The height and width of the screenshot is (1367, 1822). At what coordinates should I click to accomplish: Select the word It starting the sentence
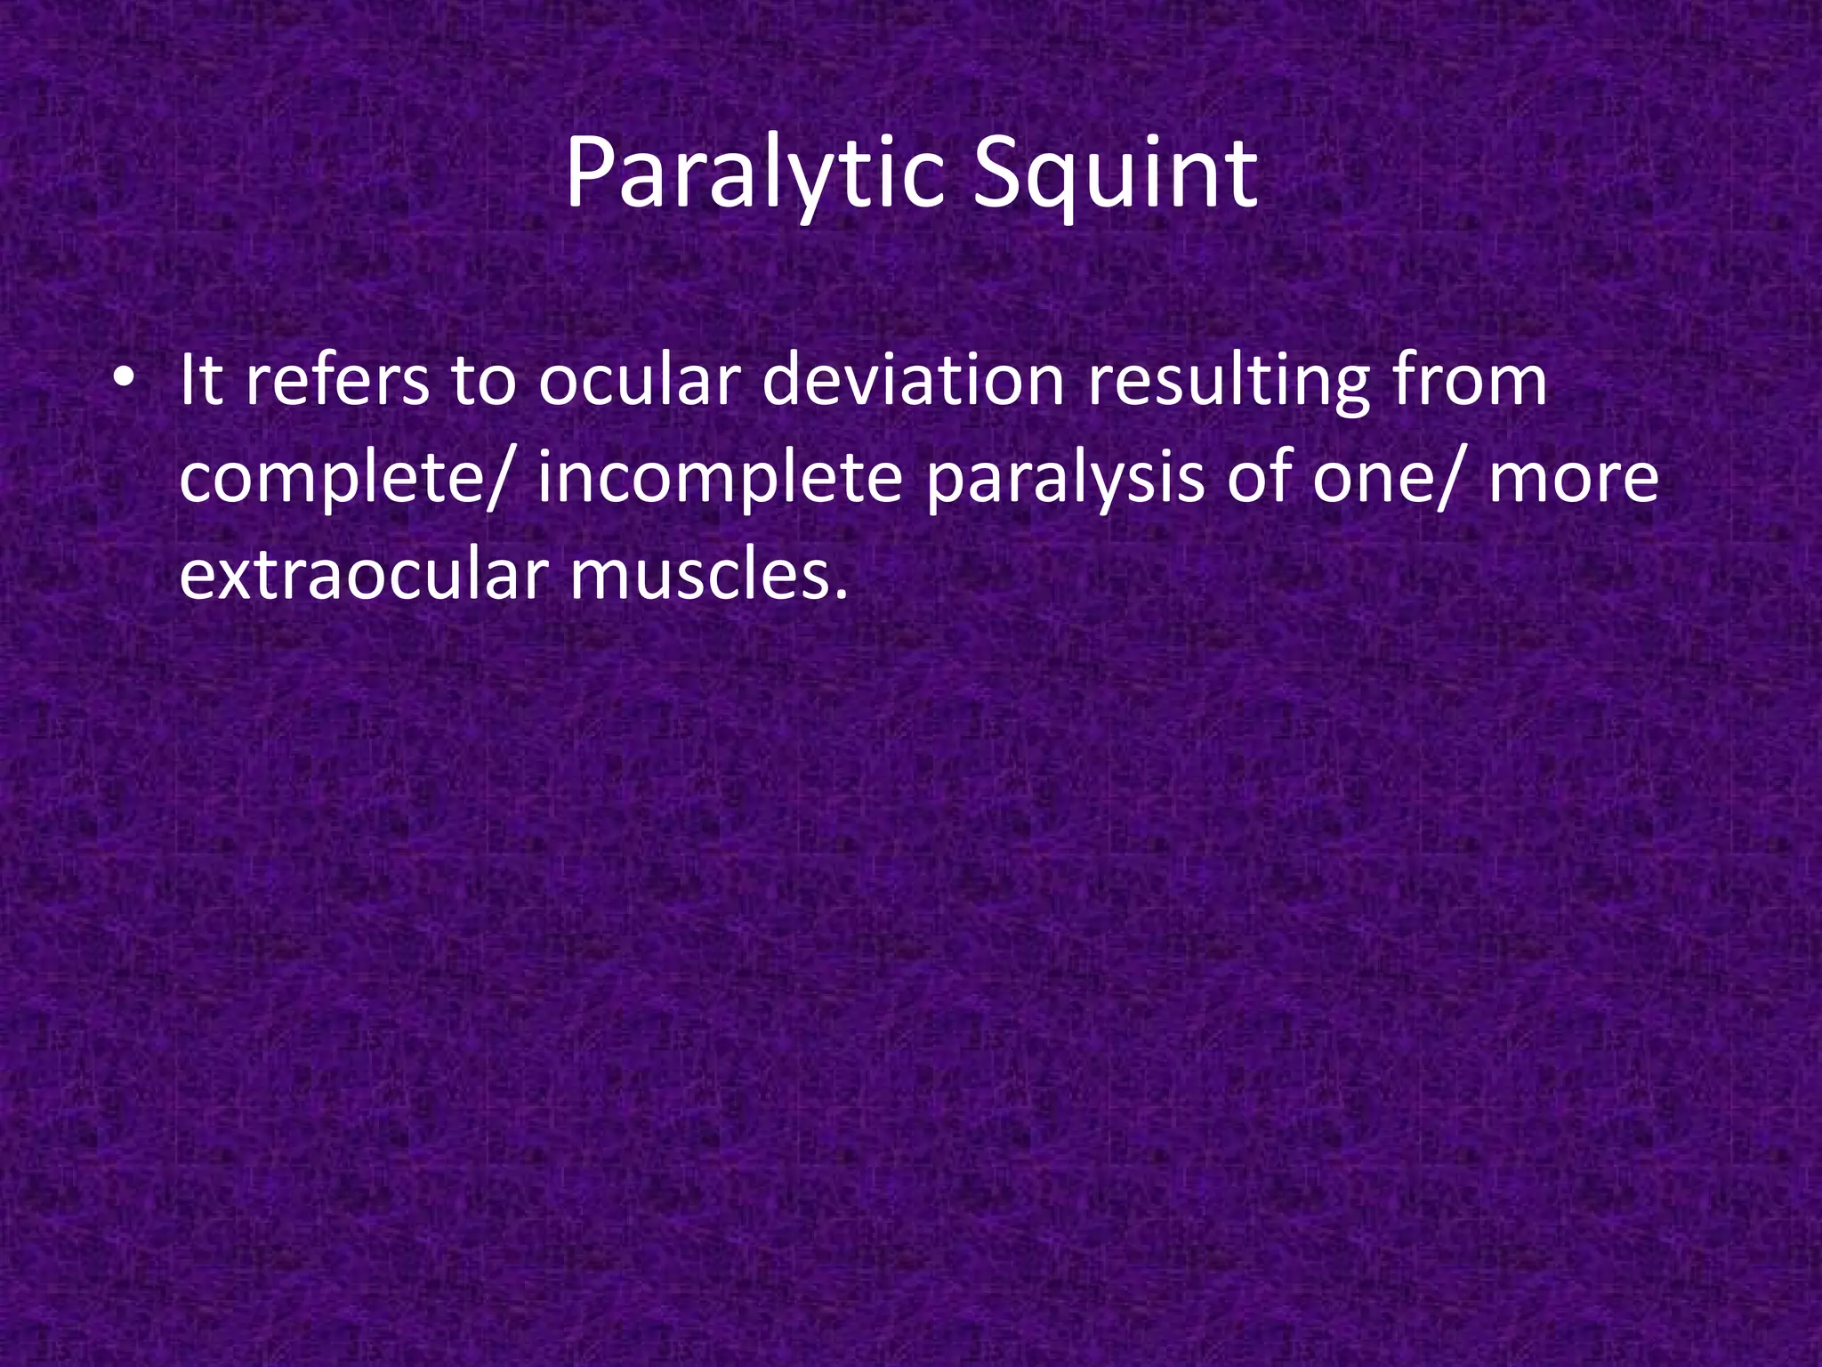click(200, 381)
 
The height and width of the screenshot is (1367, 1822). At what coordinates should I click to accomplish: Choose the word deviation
click(913, 381)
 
